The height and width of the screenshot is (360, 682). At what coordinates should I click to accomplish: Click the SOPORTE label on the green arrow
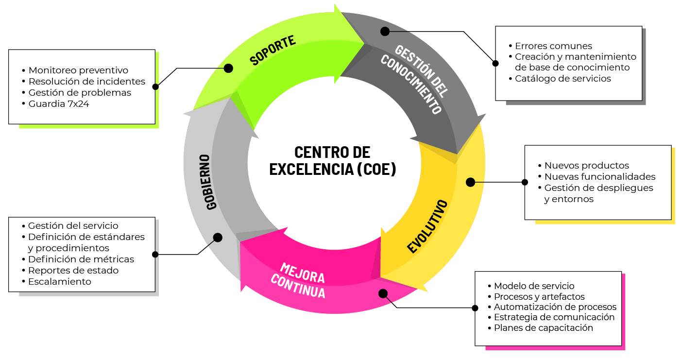(x=273, y=50)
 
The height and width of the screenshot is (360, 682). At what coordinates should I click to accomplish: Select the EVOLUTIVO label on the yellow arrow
(x=427, y=226)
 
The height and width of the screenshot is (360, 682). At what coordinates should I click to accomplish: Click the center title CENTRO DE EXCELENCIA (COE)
(x=333, y=160)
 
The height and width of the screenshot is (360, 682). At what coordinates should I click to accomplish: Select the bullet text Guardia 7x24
(x=59, y=103)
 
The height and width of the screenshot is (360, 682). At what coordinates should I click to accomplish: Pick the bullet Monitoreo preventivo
(x=78, y=70)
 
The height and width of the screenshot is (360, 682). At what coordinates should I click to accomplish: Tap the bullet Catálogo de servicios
(x=563, y=78)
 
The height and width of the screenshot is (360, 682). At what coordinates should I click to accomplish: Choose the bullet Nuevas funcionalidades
(x=600, y=176)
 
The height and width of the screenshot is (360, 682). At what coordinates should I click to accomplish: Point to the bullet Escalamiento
(x=59, y=281)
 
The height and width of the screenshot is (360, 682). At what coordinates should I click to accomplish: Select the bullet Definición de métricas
(x=81, y=259)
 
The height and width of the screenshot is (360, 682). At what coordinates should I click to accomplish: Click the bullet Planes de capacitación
(x=544, y=327)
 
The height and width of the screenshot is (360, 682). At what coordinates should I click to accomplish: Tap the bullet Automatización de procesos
(x=555, y=307)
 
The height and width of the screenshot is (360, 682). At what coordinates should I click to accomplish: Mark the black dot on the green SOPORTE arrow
(x=228, y=69)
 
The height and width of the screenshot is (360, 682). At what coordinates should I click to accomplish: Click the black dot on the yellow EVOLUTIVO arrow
(x=470, y=182)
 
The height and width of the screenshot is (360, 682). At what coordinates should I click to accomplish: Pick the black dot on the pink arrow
(x=383, y=293)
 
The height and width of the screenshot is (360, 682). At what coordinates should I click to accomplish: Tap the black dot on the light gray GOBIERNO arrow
(x=218, y=238)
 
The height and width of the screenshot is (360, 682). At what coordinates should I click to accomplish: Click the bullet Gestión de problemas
(x=80, y=92)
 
